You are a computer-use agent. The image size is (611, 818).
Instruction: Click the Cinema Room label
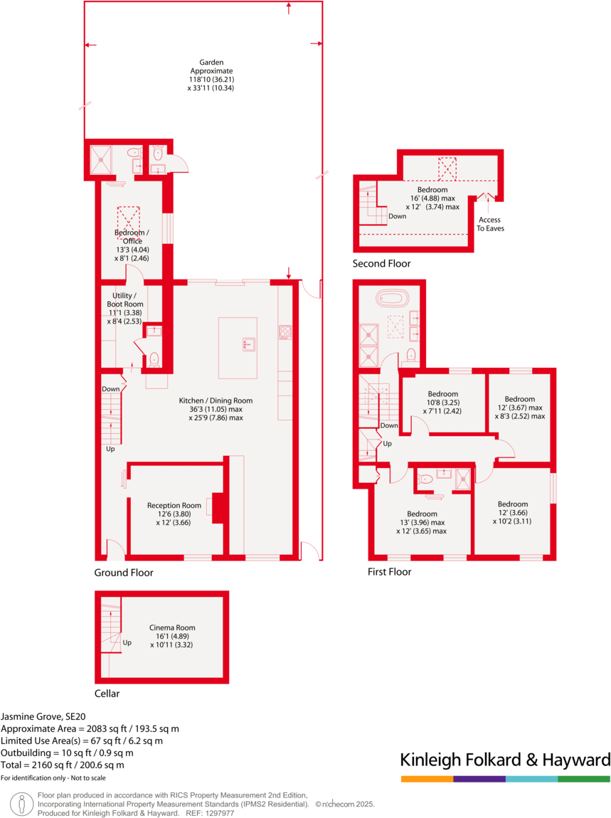click(x=172, y=627)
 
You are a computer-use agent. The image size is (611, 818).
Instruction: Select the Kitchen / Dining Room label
click(x=216, y=400)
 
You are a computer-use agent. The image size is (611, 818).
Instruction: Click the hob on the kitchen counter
click(x=285, y=331)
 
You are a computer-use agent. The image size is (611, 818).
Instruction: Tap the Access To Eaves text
click(x=489, y=224)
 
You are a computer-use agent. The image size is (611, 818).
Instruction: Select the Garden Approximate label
click(x=211, y=71)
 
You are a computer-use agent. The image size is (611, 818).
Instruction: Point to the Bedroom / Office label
click(x=132, y=237)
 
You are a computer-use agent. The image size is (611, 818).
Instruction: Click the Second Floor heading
click(x=381, y=264)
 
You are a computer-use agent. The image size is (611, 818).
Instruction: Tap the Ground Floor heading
click(x=124, y=572)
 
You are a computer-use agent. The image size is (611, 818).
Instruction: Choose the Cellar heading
click(x=107, y=694)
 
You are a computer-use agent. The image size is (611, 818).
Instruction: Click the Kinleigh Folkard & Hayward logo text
click(x=505, y=760)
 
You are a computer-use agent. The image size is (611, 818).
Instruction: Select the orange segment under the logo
click(x=427, y=780)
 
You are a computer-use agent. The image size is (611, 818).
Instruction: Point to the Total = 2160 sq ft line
click(x=63, y=765)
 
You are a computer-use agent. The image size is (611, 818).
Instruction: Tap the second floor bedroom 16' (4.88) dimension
click(x=432, y=198)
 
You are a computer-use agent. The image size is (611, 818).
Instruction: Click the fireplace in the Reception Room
click(x=221, y=506)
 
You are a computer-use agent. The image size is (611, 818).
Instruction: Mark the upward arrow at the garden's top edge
click(x=289, y=7)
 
